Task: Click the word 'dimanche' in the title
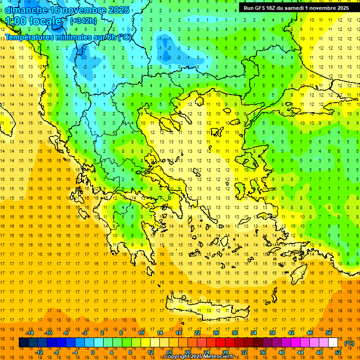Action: pos(26,10)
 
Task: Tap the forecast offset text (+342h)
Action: pos(83,21)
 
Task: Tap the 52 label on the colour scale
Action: pos(338,352)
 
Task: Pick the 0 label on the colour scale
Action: pos(93,352)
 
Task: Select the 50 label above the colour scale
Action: pos(329,333)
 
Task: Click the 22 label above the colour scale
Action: pos(197,333)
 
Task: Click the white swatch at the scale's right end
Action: pos(333,343)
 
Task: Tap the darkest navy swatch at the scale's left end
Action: pos(23,343)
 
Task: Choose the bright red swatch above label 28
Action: pos(221,343)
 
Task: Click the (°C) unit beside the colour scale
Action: pos(349,343)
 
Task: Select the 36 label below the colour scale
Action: pos(263,352)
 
